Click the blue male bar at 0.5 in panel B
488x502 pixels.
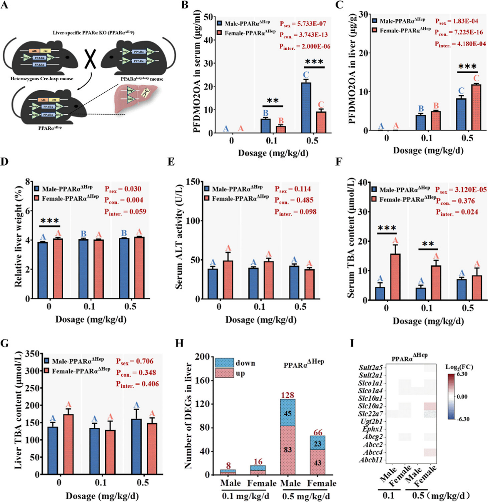[306, 108]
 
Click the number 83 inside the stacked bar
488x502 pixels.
[288, 450]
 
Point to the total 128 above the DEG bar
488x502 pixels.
[288, 395]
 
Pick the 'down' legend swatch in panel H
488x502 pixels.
[224, 363]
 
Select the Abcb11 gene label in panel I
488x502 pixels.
[371, 460]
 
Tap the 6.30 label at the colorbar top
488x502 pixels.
[462, 374]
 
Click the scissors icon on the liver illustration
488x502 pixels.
[145, 93]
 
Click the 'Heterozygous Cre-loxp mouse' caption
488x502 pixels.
[42, 79]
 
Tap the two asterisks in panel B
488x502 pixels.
[273, 101]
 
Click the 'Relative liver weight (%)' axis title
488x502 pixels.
[18, 237]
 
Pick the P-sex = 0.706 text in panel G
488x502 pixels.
[135, 361]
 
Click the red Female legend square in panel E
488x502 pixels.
[207, 198]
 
